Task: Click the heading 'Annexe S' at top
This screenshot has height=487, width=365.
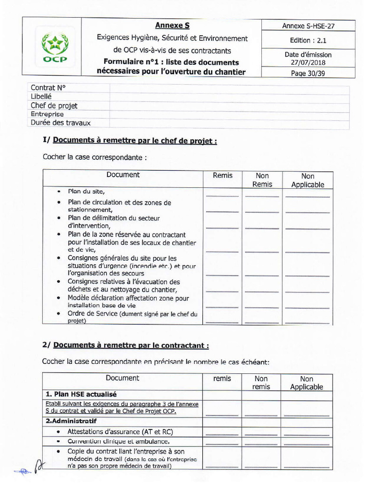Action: tap(172, 25)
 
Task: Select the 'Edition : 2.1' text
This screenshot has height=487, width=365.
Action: tap(308, 40)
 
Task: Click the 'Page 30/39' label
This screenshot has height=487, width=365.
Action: tap(308, 73)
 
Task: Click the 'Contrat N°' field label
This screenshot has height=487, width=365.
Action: tap(48, 88)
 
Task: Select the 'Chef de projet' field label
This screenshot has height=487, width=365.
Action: tap(54, 105)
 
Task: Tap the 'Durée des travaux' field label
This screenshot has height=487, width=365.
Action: tap(60, 123)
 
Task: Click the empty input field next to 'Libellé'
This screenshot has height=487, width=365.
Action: tap(229, 97)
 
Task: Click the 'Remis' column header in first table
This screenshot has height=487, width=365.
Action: tap(222, 175)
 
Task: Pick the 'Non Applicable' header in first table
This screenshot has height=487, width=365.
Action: tap(307, 180)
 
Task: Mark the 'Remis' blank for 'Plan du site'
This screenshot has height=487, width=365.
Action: tap(222, 195)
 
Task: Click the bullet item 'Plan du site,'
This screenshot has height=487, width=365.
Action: tap(86, 191)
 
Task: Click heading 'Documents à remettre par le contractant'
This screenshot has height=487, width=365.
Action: tap(131, 346)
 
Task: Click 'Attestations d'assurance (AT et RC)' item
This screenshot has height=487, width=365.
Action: tap(120, 432)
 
